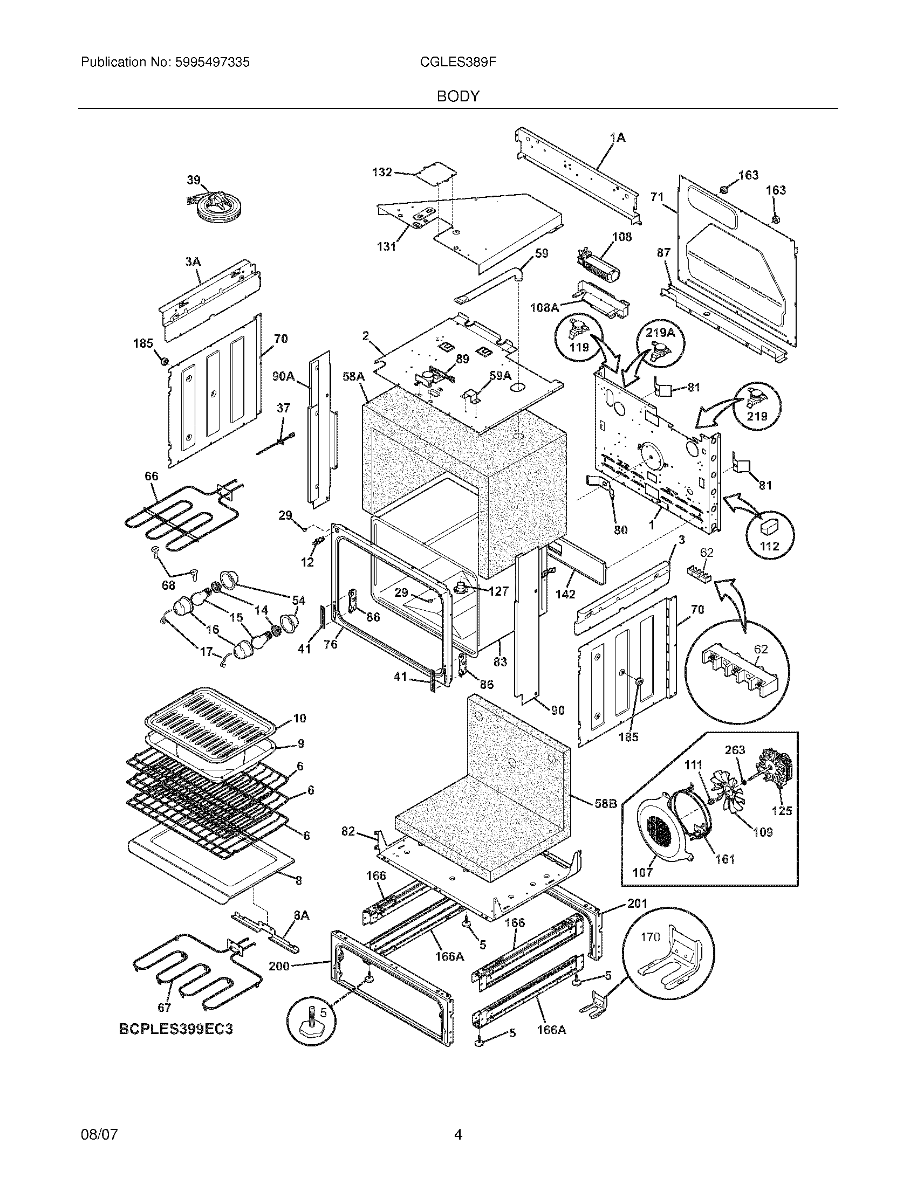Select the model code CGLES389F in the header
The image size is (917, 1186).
[x=458, y=63]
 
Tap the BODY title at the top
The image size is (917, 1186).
[x=458, y=96]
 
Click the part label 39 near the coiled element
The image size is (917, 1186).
[x=194, y=180]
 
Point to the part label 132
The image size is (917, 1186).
[x=381, y=172]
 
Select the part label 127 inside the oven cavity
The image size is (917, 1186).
[x=498, y=591]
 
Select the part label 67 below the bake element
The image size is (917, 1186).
[x=164, y=1008]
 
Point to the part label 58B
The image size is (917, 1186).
[x=605, y=817]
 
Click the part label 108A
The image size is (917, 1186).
[x=544, y=308]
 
